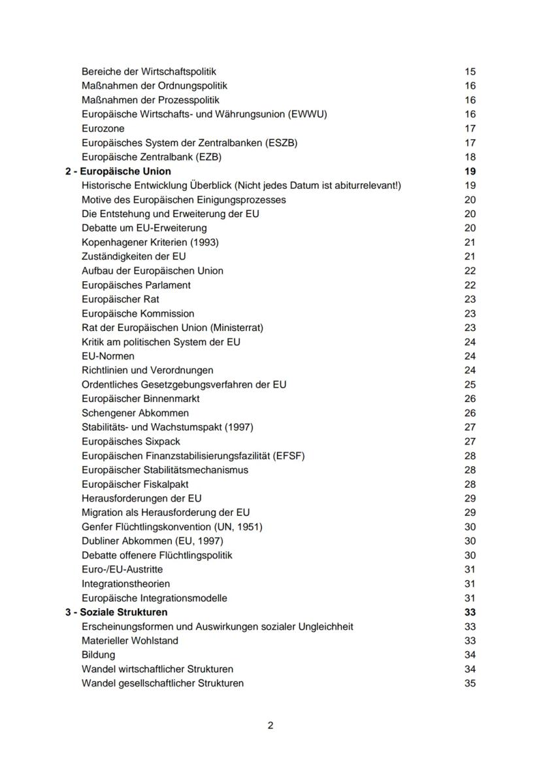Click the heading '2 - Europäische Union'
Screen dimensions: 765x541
click(x=118, y=171)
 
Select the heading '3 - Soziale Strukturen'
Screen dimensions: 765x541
click(x=116, y=613)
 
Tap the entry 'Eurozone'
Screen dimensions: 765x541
click(x=103, y=129)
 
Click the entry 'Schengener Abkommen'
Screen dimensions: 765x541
click(x=135, y=413)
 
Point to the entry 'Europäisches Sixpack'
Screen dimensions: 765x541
click(x=131, y=441)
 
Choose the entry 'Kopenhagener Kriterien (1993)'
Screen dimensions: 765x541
click(x=150, y=242)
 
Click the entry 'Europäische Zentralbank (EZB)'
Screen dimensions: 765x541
click(x=152, y=157)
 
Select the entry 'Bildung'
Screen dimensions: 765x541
click(x=98, y=655)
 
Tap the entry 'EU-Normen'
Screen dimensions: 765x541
click(x=108, y=356)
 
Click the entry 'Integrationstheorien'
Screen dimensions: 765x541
click(x=126, y=584)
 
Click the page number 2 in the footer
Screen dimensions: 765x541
click(x=270, y=726)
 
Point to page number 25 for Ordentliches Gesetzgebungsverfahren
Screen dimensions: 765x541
click(x=470, y=384)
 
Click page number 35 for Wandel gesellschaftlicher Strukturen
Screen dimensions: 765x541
click(x=470, y=684)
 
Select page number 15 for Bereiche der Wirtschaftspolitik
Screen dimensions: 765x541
click(x=470, y=72)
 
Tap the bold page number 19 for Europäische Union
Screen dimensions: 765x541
click(x=470, y=171)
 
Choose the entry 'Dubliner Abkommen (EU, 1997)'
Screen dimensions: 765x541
click(x=152, y=541)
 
